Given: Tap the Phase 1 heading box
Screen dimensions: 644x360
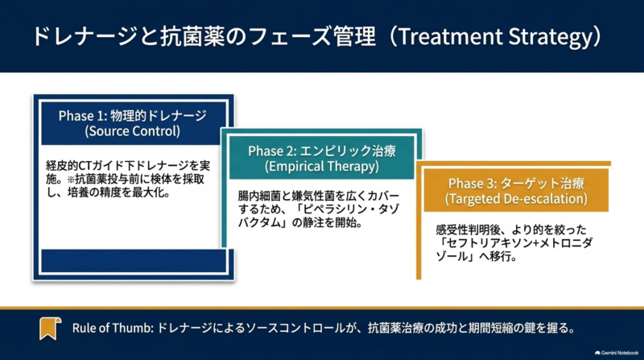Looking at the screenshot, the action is point(134,123).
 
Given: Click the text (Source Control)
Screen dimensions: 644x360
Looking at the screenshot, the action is point(132,131).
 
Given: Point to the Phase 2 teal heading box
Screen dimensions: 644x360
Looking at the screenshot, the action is point(321,158).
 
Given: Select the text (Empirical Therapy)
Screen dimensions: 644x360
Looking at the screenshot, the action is point(321,167).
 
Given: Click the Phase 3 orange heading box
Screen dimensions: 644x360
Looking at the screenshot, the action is point(516,190).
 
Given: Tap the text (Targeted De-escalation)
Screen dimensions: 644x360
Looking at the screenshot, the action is point(516,199).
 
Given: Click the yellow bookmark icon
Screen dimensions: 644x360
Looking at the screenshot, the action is point(50,329).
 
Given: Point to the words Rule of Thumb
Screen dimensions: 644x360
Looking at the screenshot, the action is point(113,328).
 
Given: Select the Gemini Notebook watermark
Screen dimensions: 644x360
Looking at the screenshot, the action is point(617,353).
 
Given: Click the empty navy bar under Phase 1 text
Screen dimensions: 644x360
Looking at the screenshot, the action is point(134,261).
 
